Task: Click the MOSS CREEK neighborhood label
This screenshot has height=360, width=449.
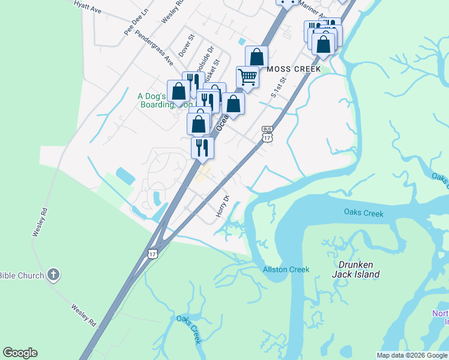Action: click(294, 69)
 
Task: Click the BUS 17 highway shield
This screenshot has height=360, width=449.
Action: click(268, 134)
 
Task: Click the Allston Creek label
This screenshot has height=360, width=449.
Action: click(286, 269)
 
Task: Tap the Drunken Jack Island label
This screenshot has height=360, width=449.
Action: click(356, 269)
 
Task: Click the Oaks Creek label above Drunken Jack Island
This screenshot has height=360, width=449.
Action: click(364, 212)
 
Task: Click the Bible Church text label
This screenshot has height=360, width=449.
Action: click(22, 275)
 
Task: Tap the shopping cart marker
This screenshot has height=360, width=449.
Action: click(247, 77)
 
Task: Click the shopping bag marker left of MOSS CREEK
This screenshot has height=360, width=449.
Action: click(256, 58)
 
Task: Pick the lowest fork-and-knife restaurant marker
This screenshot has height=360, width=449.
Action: click(202, 147)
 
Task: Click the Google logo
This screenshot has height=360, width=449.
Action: click(20, 353)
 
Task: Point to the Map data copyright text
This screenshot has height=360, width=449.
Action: click(412, 355)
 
